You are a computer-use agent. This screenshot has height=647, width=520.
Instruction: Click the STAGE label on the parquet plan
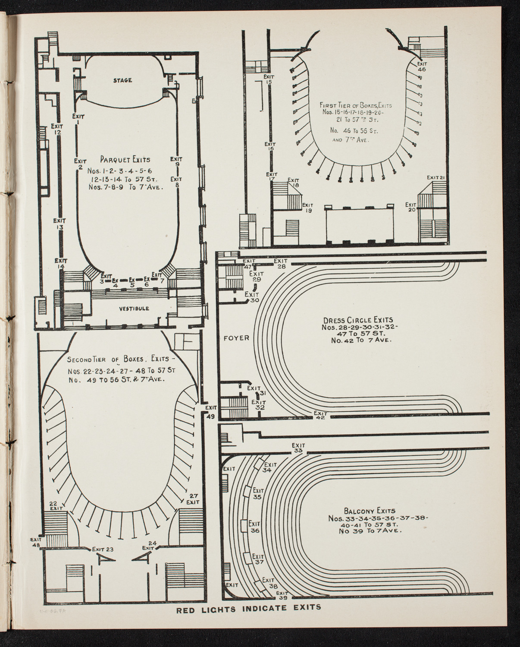point(122,80)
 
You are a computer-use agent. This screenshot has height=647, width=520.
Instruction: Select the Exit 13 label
point(60,224)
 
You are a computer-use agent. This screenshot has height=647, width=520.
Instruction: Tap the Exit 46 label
point(422,66)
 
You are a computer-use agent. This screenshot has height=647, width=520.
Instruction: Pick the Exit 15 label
point(269,79)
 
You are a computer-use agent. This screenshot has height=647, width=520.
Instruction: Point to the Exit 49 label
point(211,412)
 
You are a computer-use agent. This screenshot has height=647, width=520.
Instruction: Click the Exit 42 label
point(320,415)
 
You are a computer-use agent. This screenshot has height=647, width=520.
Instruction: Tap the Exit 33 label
point(298,448)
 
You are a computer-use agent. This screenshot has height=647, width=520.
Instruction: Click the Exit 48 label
point(36,542)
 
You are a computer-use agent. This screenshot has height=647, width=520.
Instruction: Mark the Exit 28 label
point(280,263)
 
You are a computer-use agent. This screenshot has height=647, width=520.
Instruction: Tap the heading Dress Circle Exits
point(358,320)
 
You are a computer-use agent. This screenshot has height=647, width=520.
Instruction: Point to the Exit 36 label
point(255,527)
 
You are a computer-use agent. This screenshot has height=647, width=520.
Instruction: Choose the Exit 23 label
point(103,549)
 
